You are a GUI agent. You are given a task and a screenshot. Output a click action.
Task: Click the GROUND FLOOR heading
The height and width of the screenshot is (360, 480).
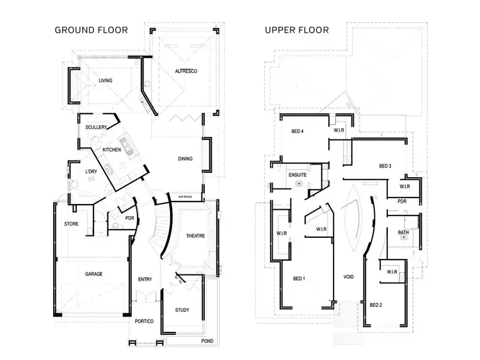[91, 30]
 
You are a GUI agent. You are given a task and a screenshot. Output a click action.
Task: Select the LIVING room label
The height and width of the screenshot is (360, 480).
[106, 81]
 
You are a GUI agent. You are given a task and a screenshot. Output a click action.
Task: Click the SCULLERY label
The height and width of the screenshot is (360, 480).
[96, 127]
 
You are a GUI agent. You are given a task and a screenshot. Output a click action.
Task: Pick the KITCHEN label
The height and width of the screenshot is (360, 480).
[112, 150]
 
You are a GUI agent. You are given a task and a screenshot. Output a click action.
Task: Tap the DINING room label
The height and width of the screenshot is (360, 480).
[186, 159]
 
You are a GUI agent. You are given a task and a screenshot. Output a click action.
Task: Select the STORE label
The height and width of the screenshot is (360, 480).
[71, 224]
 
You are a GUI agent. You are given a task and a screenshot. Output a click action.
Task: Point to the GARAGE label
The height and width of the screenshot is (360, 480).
[93, 274]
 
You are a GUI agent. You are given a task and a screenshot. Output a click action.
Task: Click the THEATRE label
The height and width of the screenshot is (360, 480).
[196, 237]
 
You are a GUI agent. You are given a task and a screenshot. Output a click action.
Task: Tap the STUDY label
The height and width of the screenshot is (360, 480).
[182, 311]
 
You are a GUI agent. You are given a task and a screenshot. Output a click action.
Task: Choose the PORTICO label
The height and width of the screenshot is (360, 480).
[144, 321]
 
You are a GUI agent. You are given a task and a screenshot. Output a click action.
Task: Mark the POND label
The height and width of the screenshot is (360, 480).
[207, 341]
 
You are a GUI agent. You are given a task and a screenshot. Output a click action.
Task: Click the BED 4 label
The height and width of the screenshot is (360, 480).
[298, 131]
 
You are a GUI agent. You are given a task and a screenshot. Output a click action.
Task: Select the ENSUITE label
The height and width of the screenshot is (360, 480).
[298, 173]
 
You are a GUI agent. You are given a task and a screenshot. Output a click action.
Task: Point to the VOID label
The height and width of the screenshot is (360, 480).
[349, 278]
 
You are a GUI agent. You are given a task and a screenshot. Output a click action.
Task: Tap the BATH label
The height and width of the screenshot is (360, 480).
[403, 233]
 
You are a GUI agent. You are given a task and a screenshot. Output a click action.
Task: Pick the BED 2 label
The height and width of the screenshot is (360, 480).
[376, 305]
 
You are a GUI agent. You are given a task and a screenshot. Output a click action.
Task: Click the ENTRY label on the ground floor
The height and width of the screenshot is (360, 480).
[145, 279]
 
